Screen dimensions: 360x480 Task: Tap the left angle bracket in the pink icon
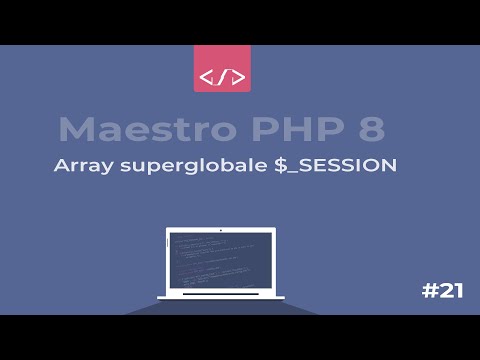[207, 77]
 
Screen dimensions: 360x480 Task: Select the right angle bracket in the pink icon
[236, 77]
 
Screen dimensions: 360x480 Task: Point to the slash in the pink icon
[221, 77]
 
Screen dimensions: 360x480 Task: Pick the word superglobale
[190, 167]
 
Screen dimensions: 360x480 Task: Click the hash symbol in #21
[428, 291]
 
